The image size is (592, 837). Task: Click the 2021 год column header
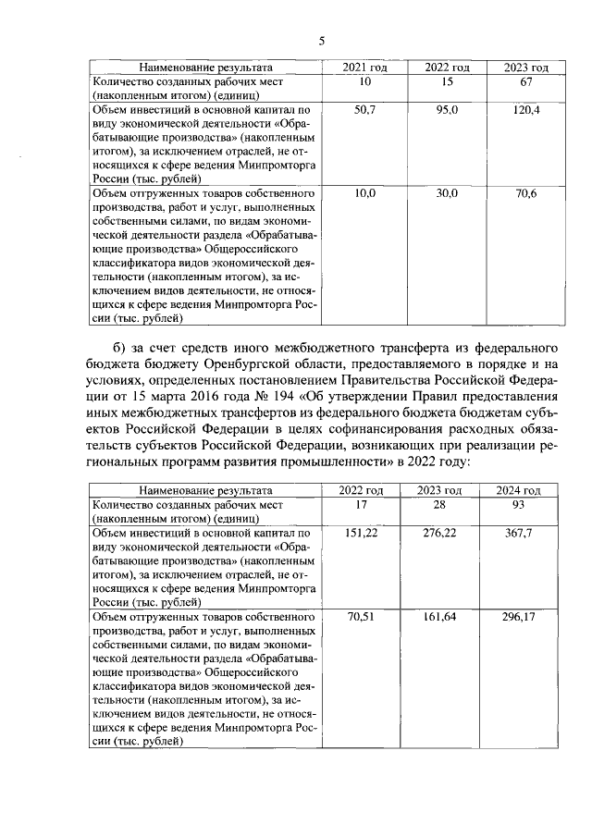(x=365, y=68)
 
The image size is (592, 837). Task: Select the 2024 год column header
(x=525, y=489)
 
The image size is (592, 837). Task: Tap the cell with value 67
(x=525, y=83)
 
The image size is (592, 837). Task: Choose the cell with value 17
(x=365, y=504)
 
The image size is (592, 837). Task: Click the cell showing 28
(x=447, y=504)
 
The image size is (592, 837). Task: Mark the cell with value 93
(x=525, y=504)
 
